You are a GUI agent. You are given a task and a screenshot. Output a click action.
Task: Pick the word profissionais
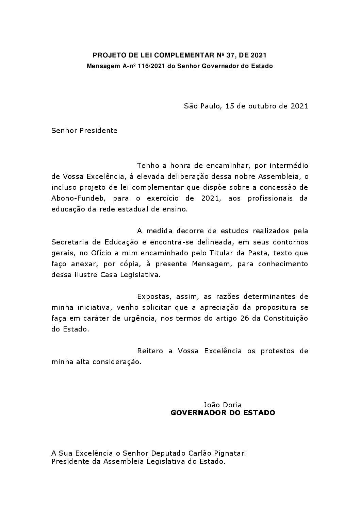[264, 198]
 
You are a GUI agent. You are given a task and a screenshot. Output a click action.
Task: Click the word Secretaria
[67, 242]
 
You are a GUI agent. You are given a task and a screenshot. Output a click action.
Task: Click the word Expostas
[152, 296]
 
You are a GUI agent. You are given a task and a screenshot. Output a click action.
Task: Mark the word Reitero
[150, 351]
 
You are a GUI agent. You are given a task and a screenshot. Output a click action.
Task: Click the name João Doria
[223, 405]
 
